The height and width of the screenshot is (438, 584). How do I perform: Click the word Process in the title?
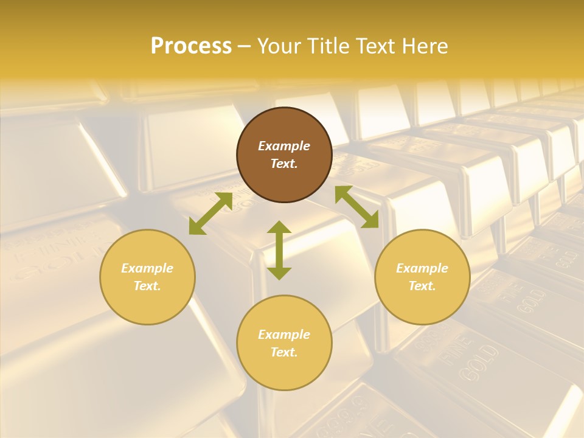pos(191,46)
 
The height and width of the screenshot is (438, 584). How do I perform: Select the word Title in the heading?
pos(333,46)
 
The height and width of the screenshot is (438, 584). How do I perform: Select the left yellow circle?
pos(147,277)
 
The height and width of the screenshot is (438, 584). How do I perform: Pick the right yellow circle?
pos(422,277)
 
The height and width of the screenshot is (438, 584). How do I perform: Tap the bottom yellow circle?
pos(284,342)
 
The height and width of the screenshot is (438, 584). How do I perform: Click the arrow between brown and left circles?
pos(210,214)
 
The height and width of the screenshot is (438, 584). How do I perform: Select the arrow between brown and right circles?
pos(357,207)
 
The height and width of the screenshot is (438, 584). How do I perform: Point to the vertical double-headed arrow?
pos(279,250)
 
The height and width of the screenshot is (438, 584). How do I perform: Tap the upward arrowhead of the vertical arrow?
pos(279,228)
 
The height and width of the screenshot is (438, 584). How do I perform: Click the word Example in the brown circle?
pos(284,146)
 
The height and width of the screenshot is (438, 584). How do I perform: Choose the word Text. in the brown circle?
pos(284,164)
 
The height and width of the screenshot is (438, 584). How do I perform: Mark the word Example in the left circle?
pos(147,268)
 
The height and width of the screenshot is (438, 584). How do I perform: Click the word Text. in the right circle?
pos(422,286)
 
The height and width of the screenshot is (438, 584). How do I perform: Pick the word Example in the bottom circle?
pos(284,335)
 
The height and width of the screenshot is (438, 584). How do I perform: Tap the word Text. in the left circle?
pos(147,286)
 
